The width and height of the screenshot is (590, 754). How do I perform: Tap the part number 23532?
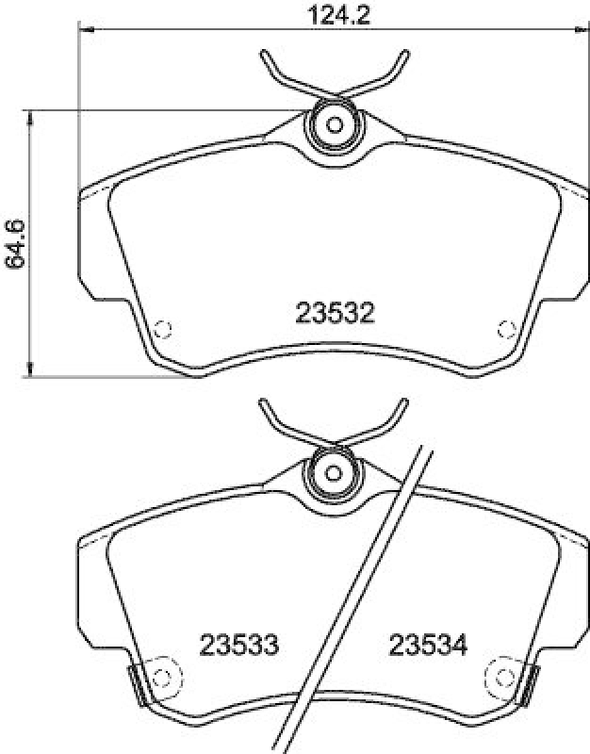(335, 315)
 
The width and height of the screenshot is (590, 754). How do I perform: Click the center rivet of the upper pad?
(334, 123)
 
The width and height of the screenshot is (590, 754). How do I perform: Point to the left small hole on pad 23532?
(162, 329)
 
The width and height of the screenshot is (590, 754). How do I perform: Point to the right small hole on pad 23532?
(505, 329)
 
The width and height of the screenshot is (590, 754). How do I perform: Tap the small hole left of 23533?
(162, 676)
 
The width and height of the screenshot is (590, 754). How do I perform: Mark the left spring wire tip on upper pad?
(263, 53)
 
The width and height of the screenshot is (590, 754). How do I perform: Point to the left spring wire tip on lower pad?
(263, 401)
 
